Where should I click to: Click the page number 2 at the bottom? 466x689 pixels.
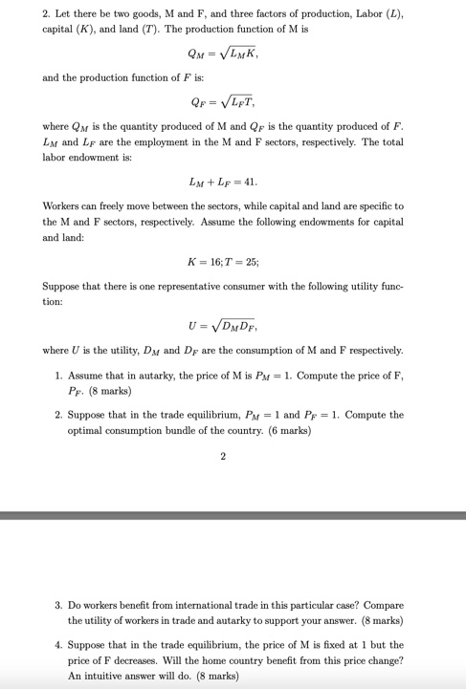223,456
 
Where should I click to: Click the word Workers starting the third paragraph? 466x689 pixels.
63,206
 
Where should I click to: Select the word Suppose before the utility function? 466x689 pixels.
64,286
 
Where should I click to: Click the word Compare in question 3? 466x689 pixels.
385,605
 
